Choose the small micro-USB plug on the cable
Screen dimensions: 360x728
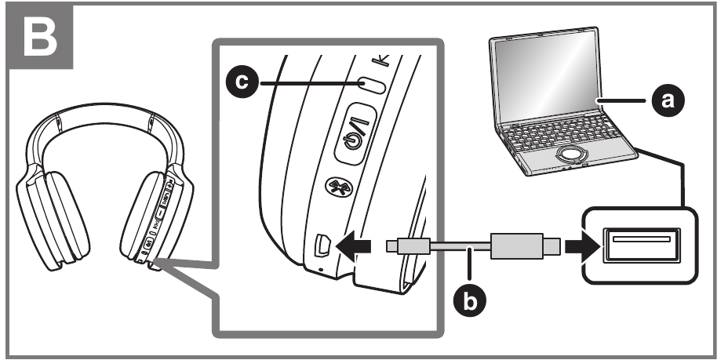pos(413,245)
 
